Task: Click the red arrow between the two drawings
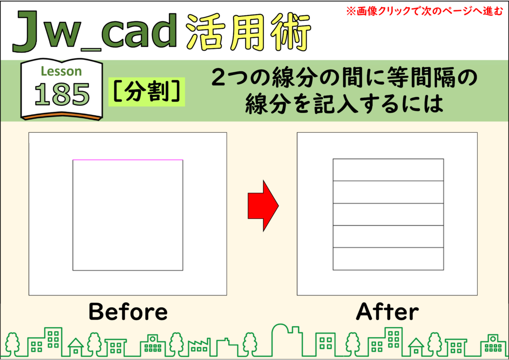(263, 206)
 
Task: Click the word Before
(128, 312)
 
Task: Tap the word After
(387, 312)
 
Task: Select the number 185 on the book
(62, 94)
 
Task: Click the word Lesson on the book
(61, 71)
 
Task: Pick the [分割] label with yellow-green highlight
(147, 92)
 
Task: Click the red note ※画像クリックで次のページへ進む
(424, 11)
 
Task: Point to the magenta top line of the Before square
(128, 160)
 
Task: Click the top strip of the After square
(388, 170)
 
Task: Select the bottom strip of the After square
(388, 259)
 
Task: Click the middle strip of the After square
(388, 214)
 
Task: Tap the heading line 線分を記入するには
(344, 104)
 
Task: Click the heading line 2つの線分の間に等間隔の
(344, 78)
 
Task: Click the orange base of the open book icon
(62, 116)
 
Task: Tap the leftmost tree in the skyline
(13, 344)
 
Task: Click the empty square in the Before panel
(128, 215)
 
